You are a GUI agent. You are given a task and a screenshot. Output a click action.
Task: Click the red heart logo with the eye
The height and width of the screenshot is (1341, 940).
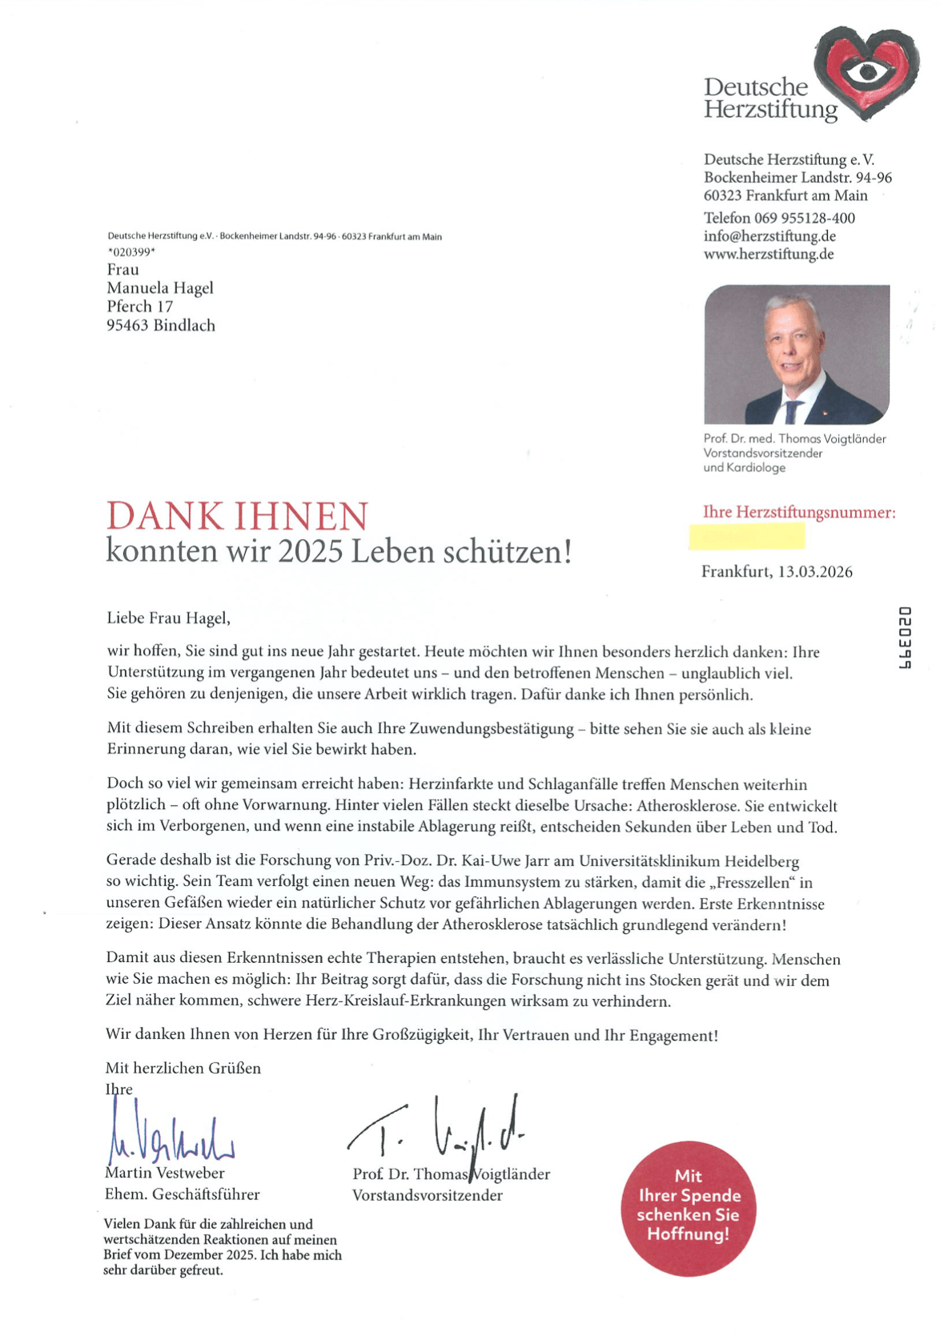point(866,72)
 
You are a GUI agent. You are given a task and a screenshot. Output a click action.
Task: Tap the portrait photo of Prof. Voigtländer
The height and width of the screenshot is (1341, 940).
point(796,354)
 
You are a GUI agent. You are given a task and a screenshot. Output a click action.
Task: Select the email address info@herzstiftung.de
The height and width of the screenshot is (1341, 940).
point(769,236)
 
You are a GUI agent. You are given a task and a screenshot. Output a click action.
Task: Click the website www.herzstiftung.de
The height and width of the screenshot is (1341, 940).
point(769,255)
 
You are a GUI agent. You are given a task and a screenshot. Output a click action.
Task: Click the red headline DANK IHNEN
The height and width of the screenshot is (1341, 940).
point(237,517)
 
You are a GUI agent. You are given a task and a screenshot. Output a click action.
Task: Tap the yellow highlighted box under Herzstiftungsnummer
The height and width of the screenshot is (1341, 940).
point(746,536)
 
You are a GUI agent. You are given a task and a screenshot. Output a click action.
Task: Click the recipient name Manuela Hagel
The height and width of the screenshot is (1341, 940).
point(160,288)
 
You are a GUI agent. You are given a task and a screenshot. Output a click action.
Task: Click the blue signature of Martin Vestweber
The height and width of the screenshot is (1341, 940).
point(168,1136)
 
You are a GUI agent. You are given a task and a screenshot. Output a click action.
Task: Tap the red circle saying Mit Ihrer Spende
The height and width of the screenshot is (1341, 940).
point(688,1208)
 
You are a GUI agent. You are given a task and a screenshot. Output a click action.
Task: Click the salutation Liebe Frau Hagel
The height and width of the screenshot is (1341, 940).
point(168,618)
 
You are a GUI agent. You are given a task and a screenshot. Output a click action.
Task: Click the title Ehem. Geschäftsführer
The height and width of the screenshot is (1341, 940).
point(183,1194)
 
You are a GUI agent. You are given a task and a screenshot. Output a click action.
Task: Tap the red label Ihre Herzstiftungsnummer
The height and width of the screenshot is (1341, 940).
point(798,512)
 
